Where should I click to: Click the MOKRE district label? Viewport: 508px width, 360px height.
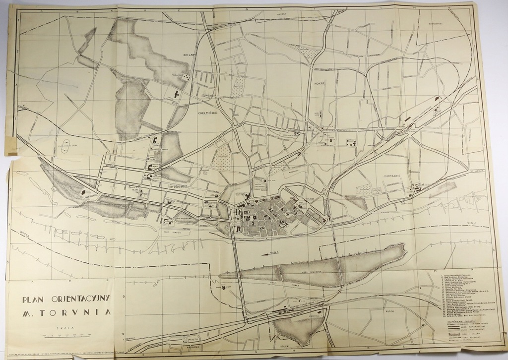(318, 84)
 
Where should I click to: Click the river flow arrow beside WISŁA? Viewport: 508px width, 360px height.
(263, 254)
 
